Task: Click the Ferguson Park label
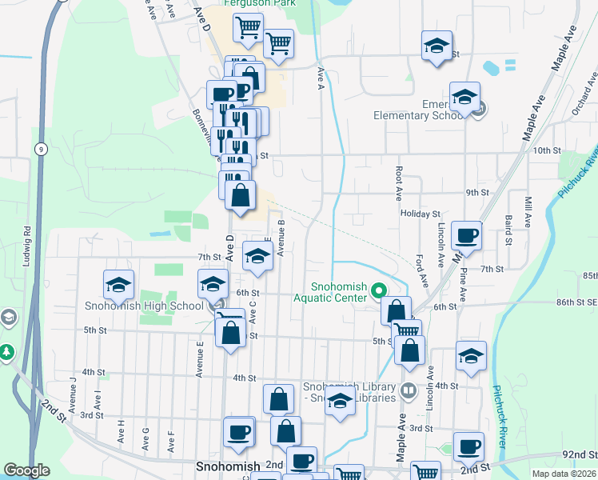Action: [253, 3]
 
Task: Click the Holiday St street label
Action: [421, 214]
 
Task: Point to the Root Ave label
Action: [397, 183]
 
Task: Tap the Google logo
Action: [27, 470]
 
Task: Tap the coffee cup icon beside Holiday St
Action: [467, 237]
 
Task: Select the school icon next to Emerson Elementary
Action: [464, 98]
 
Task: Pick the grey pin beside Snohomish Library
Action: [408, 391]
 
